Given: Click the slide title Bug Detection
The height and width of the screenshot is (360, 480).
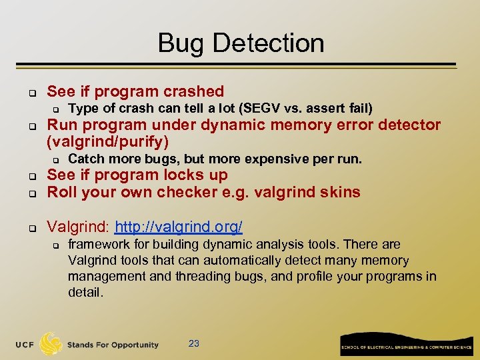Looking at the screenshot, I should (x=241, y=43).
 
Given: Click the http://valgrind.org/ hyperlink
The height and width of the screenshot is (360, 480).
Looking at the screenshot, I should (x=179, y=227).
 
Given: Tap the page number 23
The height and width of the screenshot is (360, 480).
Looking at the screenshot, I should (x=194, y=343).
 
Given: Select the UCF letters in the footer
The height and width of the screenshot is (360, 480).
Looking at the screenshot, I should (x=25, y=345).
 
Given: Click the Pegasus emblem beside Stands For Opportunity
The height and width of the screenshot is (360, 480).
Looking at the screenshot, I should (x=51, y=343).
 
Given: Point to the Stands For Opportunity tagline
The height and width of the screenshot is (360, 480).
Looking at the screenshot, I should (x=113, y=345).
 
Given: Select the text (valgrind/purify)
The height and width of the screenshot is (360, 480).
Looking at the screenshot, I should (x=107, y=141).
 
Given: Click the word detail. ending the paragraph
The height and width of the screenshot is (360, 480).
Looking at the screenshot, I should (x=86, y=292).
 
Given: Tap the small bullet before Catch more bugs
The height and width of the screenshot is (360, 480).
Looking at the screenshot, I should (x=57, y=159).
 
